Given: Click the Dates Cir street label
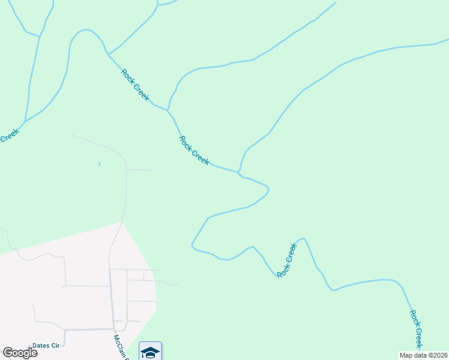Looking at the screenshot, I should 47,345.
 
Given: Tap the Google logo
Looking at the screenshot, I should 20,353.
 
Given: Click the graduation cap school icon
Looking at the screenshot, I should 150,352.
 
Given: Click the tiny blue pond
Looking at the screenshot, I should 99,164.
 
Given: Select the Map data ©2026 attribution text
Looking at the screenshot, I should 424,355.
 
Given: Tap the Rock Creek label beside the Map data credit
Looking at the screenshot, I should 417,328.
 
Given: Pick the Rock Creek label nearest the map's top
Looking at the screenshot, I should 135,85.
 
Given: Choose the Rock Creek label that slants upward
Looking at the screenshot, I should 287,260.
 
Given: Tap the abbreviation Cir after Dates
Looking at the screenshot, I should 58,345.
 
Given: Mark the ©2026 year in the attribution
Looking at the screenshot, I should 438,355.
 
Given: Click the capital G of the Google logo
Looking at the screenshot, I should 7,353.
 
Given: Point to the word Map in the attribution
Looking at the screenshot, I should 406,355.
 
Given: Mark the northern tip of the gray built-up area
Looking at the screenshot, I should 122,223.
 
